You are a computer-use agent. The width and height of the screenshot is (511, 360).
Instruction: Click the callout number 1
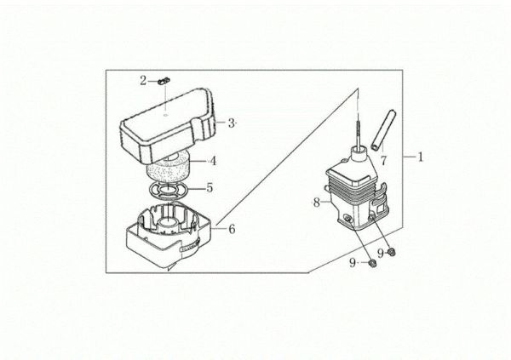(420, 157)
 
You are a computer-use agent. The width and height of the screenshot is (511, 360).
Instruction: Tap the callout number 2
(144, 80)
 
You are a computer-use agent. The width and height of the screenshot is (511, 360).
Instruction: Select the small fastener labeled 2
(160, 82)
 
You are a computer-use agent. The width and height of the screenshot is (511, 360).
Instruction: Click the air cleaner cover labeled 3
(170, 123)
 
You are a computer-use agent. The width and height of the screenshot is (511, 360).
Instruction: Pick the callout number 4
(214, 160)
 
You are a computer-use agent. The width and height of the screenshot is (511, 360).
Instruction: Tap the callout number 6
(231, 228)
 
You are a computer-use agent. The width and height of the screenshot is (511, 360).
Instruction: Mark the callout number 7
(384, 159)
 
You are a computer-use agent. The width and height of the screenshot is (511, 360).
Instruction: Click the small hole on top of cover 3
(167, 110)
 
